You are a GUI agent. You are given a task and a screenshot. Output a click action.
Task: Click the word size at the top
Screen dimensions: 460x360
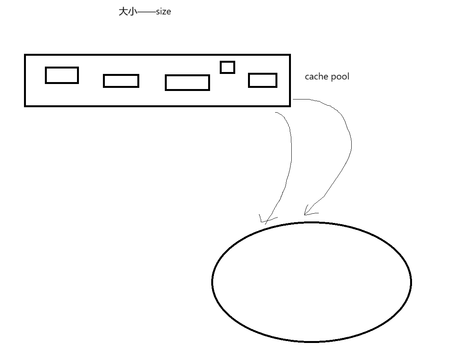pos(163,12)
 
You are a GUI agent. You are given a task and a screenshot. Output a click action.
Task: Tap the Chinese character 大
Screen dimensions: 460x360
pos(123,12)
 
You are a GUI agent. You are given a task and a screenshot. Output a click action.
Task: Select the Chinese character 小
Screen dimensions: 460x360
pos(132,12)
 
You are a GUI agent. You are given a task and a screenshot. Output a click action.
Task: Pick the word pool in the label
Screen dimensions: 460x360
pos(339,77)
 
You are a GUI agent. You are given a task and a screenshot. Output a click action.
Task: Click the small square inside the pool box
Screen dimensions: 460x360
pos(227,67)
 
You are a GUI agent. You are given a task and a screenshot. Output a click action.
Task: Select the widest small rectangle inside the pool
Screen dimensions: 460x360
pos(187,82)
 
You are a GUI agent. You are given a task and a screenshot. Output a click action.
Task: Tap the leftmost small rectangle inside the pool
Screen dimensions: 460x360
pos(62,75)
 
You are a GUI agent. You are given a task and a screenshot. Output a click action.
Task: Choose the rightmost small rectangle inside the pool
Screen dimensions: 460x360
pos(262,80)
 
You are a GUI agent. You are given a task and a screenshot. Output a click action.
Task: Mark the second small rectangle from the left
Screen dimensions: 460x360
pos(121,81)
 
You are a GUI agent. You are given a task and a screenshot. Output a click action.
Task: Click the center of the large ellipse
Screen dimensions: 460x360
pos(311,282)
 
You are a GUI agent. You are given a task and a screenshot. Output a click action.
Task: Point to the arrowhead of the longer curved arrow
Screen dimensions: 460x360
pos(305,214)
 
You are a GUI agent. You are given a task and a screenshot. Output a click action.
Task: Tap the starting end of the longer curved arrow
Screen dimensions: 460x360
pos(293,99)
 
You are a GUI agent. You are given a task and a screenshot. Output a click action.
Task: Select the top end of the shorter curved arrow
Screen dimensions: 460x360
pos(275,113)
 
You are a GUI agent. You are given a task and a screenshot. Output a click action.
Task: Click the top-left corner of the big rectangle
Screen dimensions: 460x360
pos(25,55)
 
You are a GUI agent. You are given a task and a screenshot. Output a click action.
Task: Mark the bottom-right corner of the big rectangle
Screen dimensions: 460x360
pos(290,105)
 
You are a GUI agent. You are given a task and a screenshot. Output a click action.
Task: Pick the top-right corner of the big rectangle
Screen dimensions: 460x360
pos(290,55)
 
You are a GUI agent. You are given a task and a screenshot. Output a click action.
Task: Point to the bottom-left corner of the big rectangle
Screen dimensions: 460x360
pos(25,105)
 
